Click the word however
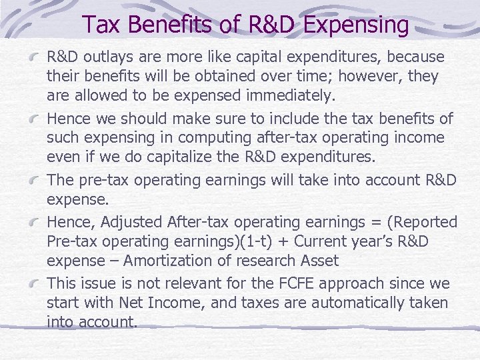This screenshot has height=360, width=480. pos(369,77)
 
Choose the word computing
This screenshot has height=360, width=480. pos(211,138)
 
